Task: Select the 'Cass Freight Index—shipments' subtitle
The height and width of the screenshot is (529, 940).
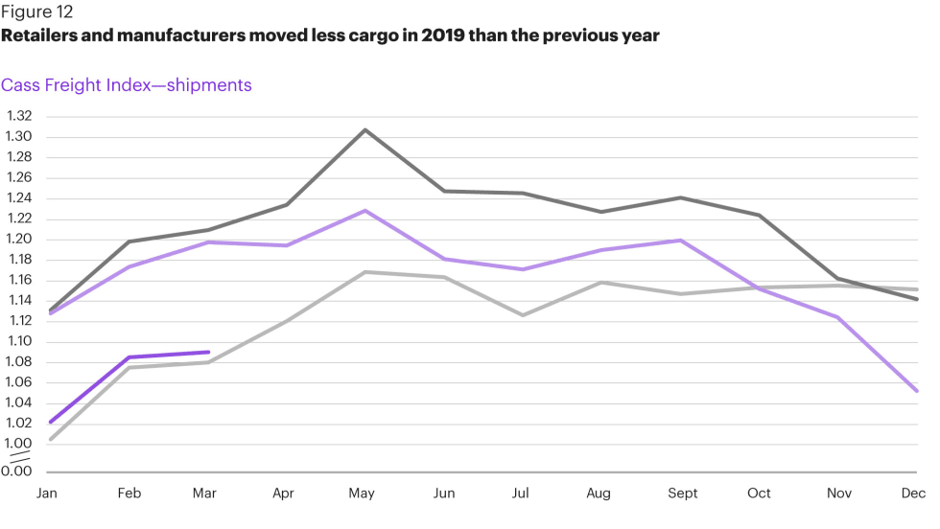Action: click(127, 85)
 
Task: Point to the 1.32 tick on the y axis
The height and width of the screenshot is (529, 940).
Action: click(19, 116)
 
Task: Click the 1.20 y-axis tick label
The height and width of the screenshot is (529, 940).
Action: click(19, 240)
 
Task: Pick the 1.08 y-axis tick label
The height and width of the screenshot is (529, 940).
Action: click(19, 362)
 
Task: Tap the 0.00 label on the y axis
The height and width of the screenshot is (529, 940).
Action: click(19, 471)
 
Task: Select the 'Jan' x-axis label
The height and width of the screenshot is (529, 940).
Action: click(46, 494)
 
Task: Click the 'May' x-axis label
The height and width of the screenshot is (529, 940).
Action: click(362, 494)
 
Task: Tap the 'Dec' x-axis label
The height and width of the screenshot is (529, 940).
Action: click(911, 494)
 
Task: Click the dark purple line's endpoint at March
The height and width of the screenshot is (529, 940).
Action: click(208, 352)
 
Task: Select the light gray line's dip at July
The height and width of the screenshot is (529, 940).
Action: click(523, 315)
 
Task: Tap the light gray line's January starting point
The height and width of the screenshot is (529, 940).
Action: click(50, 439)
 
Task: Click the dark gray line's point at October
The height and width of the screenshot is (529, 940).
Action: click(759, 215)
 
